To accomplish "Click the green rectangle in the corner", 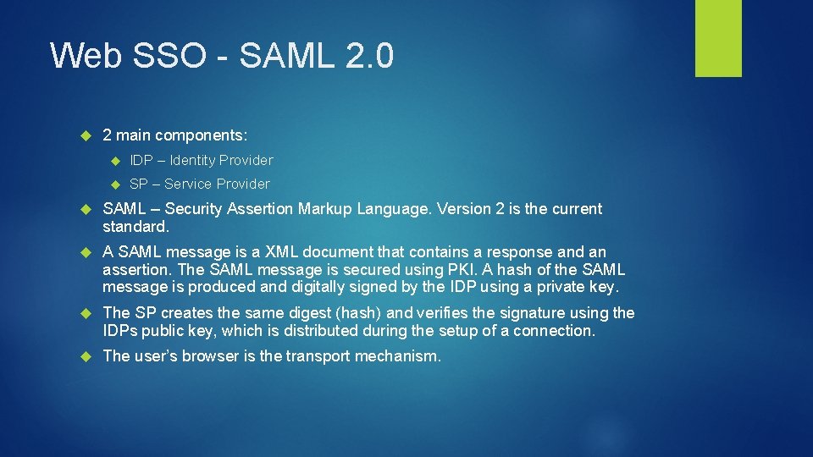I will pyautogui.click(x=718, y=38).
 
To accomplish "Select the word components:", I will pyautogui.click(x=201, y=135).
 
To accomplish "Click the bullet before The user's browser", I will pyautogui.click(x=85, y=356).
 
